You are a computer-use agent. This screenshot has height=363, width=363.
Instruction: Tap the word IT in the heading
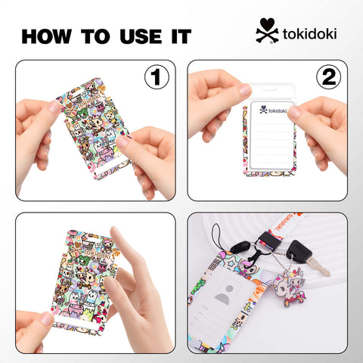(179, 36)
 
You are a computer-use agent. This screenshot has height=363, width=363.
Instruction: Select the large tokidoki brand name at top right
(309, 34)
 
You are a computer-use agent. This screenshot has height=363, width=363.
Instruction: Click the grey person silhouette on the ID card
(224, 298)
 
